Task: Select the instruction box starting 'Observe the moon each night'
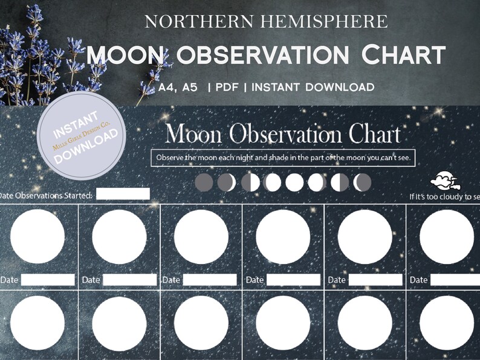tap(283, 158)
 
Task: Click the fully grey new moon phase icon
tap(204, 182)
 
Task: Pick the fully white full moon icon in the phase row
tap(294, 182)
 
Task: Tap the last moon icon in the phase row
tap(363, 182)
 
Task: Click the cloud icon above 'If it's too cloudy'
tap(445, 180)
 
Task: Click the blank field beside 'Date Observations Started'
tap(123, 194)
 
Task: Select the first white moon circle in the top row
tap(37, 237)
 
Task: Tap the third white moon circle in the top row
tap(201, 237)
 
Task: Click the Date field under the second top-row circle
tap(129, 280)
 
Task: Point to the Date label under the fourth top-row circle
tap(255, 280)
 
